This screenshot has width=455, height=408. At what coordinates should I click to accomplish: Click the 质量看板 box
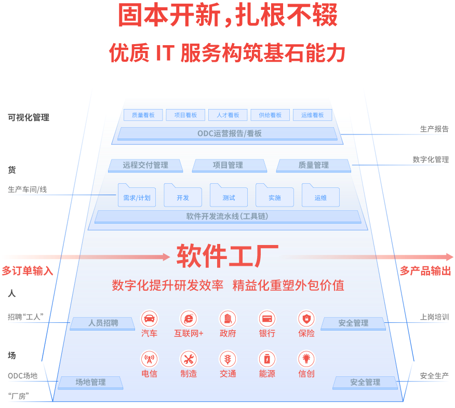tap(143, 115)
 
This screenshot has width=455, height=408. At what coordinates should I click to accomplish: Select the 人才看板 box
tap(228, 115)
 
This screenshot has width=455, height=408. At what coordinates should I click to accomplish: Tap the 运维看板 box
tap(312, 115)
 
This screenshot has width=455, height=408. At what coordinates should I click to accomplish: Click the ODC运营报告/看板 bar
tap(228, 133)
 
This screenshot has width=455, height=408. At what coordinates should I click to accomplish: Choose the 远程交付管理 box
tap(145, 165)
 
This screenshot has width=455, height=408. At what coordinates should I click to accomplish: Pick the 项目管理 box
tap(229, 165)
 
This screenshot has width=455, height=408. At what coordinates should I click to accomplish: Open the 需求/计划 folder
tap(137, 195)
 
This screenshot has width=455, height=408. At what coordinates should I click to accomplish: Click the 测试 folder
tap(229, 195)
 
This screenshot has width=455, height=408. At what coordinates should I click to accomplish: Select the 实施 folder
tap(274, 195)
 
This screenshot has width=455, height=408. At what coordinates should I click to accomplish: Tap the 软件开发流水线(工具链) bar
tap(228, 216)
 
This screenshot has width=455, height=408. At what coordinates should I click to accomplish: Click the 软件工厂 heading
tap(228, 256)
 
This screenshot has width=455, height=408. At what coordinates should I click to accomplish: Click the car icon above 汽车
tap(150, 318)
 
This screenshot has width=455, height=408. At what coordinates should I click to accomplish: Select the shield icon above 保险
tap(306, 318)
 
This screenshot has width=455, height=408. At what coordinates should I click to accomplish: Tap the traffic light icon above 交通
tap(228, 359)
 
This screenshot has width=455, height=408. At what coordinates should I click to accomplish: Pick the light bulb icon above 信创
tap(306, 359)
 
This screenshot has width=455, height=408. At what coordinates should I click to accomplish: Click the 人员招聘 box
tap(103, 323)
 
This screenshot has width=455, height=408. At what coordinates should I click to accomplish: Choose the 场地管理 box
tap(90, 383)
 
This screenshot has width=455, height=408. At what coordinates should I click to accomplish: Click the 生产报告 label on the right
tap(434, 129)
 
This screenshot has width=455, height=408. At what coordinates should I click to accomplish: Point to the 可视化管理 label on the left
tap(29, 118)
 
